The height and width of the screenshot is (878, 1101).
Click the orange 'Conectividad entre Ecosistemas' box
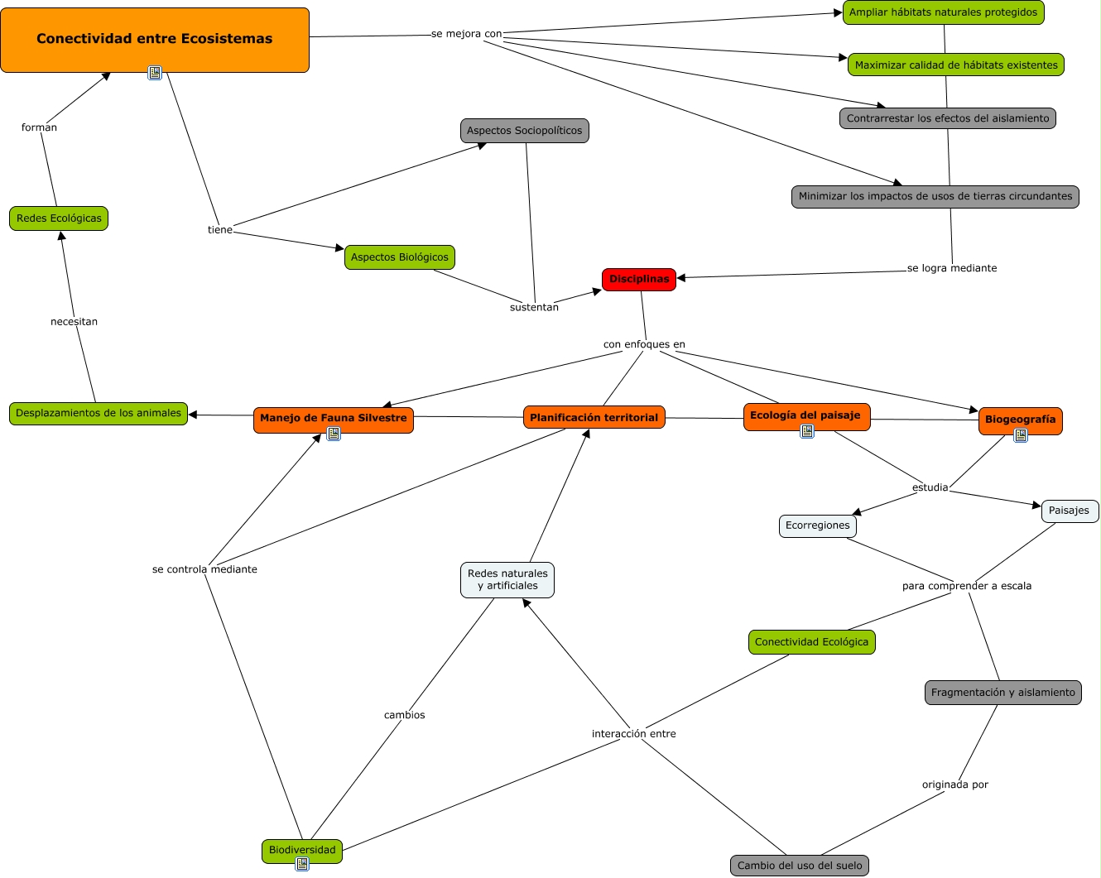tap(155, 39)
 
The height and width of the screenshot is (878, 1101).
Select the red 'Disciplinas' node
tap(639, 280)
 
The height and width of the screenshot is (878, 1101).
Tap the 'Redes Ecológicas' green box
tap(59, 218)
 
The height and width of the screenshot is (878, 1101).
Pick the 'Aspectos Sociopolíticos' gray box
tap(524, 131)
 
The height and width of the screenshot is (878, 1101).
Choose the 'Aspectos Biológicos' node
tap(399, 257)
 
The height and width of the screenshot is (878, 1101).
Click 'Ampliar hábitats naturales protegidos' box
tap(943, 12)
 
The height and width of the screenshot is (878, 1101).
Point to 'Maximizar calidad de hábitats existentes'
tap(955, 65)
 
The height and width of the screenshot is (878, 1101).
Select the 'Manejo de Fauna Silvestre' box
tap(333, 419)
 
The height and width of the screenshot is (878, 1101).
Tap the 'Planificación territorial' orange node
tap(594, 418)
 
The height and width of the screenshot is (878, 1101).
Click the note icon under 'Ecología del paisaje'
tap(807, 431)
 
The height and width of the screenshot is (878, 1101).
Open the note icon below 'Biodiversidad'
tap(302, 864)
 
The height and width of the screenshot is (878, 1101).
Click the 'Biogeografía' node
tap(1020, 420)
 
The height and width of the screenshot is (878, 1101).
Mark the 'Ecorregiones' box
tap(817, 525)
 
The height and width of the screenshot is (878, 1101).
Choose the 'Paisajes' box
tap(1069, 511)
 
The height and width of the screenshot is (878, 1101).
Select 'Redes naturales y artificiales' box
tap(507, 579)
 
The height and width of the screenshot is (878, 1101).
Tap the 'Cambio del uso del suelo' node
tap(799, 866)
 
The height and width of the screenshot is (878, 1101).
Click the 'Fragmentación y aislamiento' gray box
tap(1002, 693)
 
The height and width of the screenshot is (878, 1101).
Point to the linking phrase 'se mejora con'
tap(466, 34)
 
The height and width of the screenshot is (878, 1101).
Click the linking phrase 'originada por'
tap(954, 784)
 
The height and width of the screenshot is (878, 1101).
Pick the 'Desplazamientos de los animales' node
tap(98, 413)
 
